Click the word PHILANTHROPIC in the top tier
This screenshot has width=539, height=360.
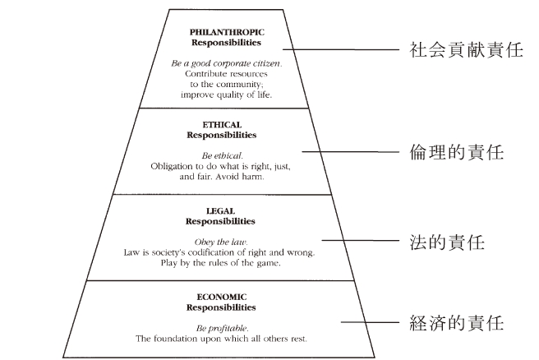click(221, 31)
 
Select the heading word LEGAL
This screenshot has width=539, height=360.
click(221, 211)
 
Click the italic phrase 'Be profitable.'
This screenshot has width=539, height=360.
click(221, 326)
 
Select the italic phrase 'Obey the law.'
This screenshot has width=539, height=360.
click(221, 242)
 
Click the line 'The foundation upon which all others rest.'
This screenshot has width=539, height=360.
click(221, 338)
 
